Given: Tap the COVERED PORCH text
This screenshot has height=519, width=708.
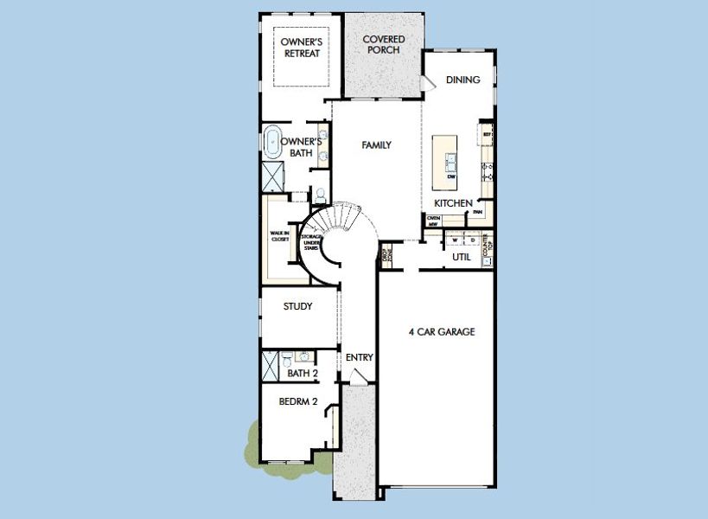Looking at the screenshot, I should (x=383, y=44).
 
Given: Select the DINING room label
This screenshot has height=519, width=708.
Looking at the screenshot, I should (x=462, y=80).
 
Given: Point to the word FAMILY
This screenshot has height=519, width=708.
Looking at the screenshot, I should (x=376, y=145).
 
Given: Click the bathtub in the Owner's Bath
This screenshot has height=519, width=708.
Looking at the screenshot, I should (x=271, y=142).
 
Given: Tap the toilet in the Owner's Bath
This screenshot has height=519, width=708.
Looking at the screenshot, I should (x=319, y=194).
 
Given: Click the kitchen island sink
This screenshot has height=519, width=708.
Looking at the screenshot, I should (x=451, y=159).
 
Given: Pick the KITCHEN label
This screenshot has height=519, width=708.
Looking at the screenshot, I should (x=453, y=203).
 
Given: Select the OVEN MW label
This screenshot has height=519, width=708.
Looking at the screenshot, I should (x=434, y=221).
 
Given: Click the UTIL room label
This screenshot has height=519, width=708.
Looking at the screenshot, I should (x=462, y=257).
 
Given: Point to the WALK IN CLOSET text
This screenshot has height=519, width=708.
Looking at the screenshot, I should (x=280, y=236).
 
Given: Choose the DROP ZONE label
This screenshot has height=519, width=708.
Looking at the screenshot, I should (x=386, y=255).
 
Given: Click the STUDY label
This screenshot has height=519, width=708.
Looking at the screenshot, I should (x=298, y=306).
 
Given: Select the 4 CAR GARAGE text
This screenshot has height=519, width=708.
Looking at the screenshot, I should (x=442, y=331).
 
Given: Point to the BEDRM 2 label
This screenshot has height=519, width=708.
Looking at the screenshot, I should (x=299, y=402).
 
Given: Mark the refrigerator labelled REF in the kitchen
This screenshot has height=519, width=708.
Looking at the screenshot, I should (x=487, y=136).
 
